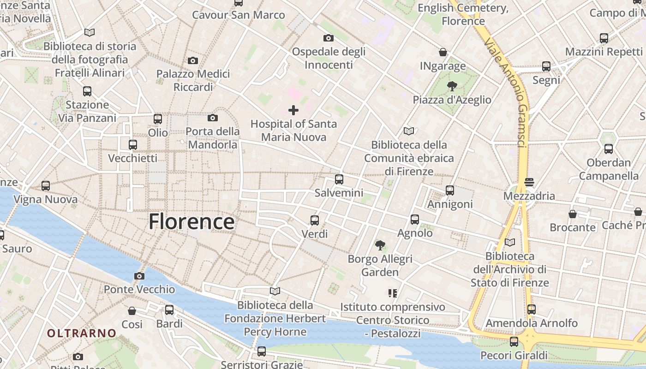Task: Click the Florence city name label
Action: click(x=191, y=222)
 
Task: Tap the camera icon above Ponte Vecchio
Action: click(x=139, y=276)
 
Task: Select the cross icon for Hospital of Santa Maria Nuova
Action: click(x=293, y=110)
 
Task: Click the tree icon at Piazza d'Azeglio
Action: click(x=452, y=86)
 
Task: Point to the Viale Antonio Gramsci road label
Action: click(x=505, y=92)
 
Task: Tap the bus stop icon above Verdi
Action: click(x=315, y=220)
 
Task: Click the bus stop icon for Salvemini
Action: click(x=339, y=179)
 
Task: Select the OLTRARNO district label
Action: click(x=82, y=333)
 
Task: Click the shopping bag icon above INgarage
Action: click(x=443, y=52)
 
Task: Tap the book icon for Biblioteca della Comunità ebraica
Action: click(x=409, y=131)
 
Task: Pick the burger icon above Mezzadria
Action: click(x=529, y=182)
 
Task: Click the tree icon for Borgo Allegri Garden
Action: click(x=380, y=245)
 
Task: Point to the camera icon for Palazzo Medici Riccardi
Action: click(x=193, y=60)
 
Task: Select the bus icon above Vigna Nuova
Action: click(x=46, y=186)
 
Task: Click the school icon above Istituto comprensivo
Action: click(x=393, y=293)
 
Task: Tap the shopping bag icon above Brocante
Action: click(x=573, y=214)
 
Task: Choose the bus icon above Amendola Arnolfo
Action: click(x=532, y=309)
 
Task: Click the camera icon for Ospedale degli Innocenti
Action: click(x=329, y=38)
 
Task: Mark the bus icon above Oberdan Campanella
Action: click(x=609, y=149)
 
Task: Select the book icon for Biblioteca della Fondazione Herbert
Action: click(x=275, y=291)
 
